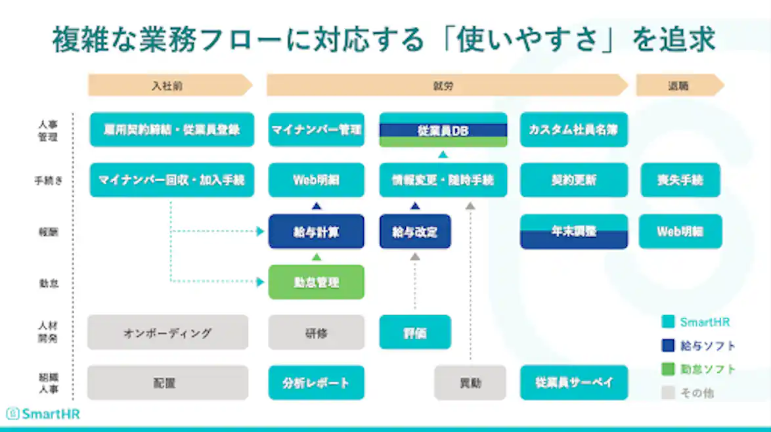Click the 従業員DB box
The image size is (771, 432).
(x=443, y=130)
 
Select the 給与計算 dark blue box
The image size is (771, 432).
(x=316, y=232)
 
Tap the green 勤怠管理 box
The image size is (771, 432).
(x=316, y=282)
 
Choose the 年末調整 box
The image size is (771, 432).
(x=574, y=232)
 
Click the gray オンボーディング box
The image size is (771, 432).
(x=167, y=332)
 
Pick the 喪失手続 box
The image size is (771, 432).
(x=680, y=180)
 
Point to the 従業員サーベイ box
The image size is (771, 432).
(x=574, y=383)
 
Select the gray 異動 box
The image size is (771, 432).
(x=470, y=383)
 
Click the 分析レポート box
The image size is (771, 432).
(x=316, y=383)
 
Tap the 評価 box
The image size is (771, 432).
(x=415, y=332)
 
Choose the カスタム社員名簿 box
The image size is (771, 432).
(x=574, y=130)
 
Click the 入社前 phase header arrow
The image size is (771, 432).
(x=169, y=85)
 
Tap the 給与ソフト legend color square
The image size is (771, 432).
(x=669, y=345)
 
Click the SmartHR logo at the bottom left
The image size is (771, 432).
(x=43, y=414)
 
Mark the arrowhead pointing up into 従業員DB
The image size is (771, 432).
(x=443, y=154)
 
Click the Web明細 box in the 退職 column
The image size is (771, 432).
(x=680, y=232)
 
